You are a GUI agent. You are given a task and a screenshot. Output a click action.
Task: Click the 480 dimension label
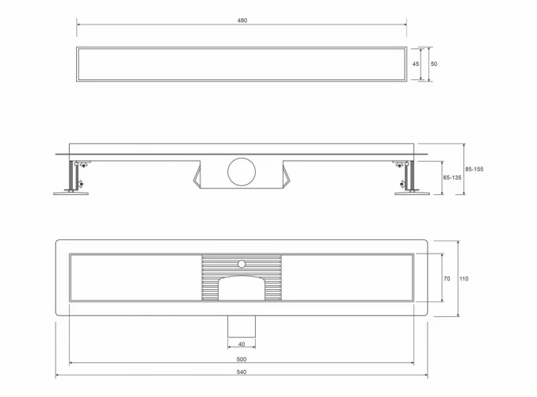point(242,21)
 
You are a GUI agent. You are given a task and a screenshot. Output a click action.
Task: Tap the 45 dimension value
point(415,63)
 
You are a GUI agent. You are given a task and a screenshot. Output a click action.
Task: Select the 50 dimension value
point(434,63)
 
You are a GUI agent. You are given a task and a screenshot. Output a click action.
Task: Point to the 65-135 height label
point(452,178)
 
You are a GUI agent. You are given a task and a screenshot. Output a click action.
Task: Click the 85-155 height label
point(474,169)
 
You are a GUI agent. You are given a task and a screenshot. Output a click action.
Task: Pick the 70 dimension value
point(447,279)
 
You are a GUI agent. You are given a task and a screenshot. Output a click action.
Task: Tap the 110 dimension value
point(463,279)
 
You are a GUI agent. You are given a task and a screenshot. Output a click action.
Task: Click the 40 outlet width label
point(242,344)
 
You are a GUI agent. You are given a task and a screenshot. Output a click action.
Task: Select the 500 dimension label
point(242,359)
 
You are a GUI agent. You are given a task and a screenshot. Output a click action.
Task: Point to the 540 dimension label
point(242,372)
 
